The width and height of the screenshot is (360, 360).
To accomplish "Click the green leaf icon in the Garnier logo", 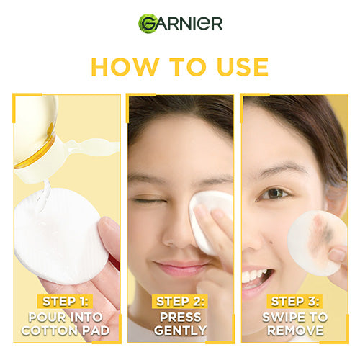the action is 147,24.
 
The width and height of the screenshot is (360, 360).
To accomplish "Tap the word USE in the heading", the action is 243,67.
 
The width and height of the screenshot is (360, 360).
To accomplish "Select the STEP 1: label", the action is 65,302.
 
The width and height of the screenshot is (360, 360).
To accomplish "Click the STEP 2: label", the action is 180,302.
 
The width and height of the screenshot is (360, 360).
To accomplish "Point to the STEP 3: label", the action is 295,302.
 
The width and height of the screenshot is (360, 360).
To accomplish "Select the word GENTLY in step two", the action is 180,330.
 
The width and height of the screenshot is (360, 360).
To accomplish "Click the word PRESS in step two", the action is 180,318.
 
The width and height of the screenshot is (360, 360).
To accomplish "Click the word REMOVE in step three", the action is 295,330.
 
